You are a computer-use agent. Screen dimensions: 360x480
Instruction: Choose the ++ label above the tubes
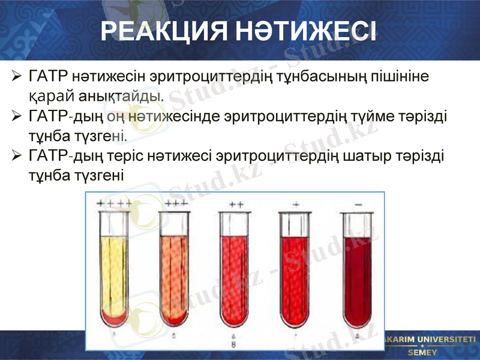point(236,205)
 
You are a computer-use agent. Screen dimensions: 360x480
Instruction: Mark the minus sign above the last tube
point(358,205)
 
